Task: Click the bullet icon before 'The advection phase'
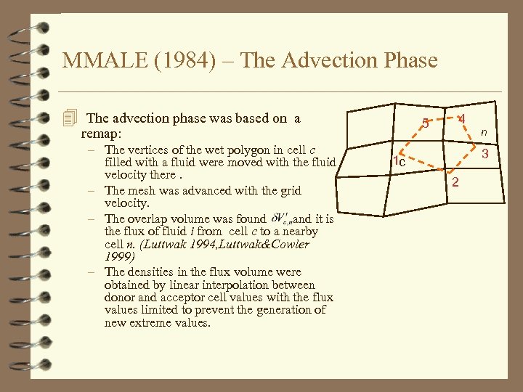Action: coord(70,118)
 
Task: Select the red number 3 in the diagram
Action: coord(485,154)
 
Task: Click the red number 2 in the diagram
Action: coord(455,181)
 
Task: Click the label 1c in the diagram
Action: coord(397,162)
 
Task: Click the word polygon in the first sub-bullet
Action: coord(251,150)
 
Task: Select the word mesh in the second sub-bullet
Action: coord(142,191)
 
